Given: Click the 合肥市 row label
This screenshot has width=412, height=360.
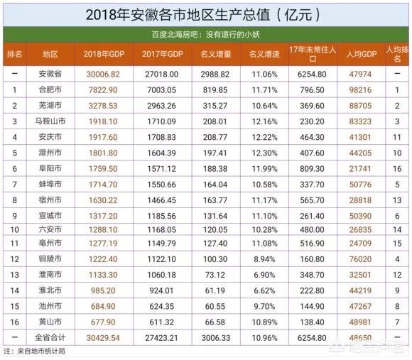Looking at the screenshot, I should click(50, 90).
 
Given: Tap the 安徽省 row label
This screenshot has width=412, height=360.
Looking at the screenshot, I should click(50, 73).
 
